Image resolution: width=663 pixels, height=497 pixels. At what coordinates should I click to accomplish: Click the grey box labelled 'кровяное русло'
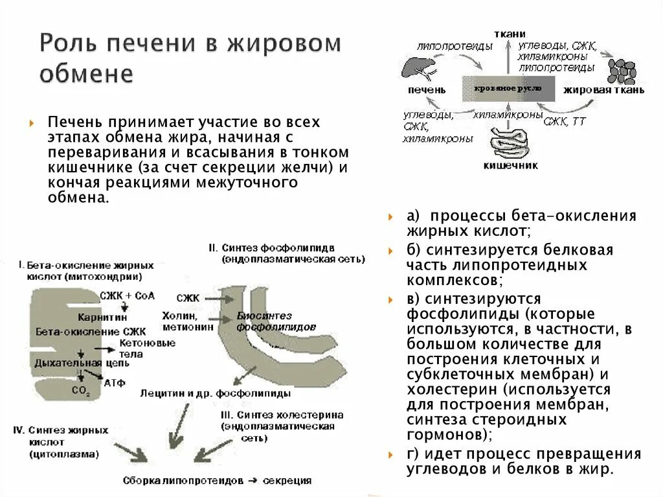pos(509,88)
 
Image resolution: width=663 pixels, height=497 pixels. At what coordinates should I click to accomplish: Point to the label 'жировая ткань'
pos(603,90)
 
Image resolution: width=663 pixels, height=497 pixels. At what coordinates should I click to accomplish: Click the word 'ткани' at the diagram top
pos(510,34)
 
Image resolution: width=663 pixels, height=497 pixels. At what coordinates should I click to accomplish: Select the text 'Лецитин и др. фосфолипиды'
pos(216,393)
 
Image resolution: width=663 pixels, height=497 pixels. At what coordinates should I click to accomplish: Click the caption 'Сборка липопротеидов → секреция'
pos(217,481)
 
